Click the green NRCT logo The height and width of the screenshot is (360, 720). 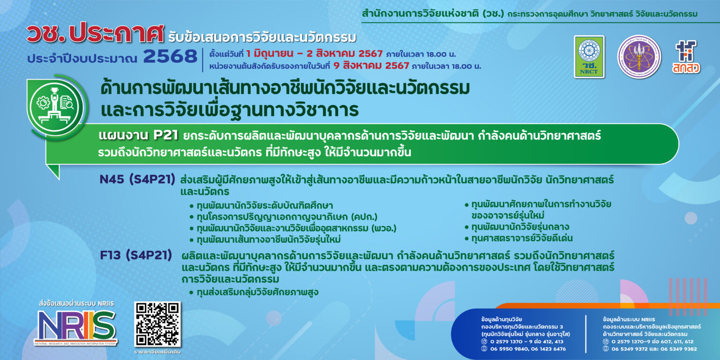coord(589,56)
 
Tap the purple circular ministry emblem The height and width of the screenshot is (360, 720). coord(639,57)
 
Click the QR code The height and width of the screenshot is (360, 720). coord(157,324)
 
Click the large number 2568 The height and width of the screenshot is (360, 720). coord(170,57)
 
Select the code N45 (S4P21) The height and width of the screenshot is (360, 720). coord(137,180)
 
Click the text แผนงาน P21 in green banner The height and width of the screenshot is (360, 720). coord(139,136)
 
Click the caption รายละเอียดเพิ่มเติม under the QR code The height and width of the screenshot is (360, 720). coord(157,352)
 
